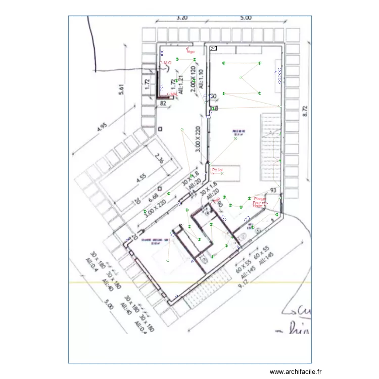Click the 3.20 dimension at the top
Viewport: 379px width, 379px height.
182,17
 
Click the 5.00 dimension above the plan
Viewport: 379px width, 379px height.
246,17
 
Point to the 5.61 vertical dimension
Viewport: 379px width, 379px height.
120,89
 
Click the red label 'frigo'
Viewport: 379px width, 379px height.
191,52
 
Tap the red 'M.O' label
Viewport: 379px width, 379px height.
168,63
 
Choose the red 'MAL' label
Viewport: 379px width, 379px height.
173,94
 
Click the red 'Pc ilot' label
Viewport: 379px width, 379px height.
217,170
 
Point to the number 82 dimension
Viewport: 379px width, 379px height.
163,103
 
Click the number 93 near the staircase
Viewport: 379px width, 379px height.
274,190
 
